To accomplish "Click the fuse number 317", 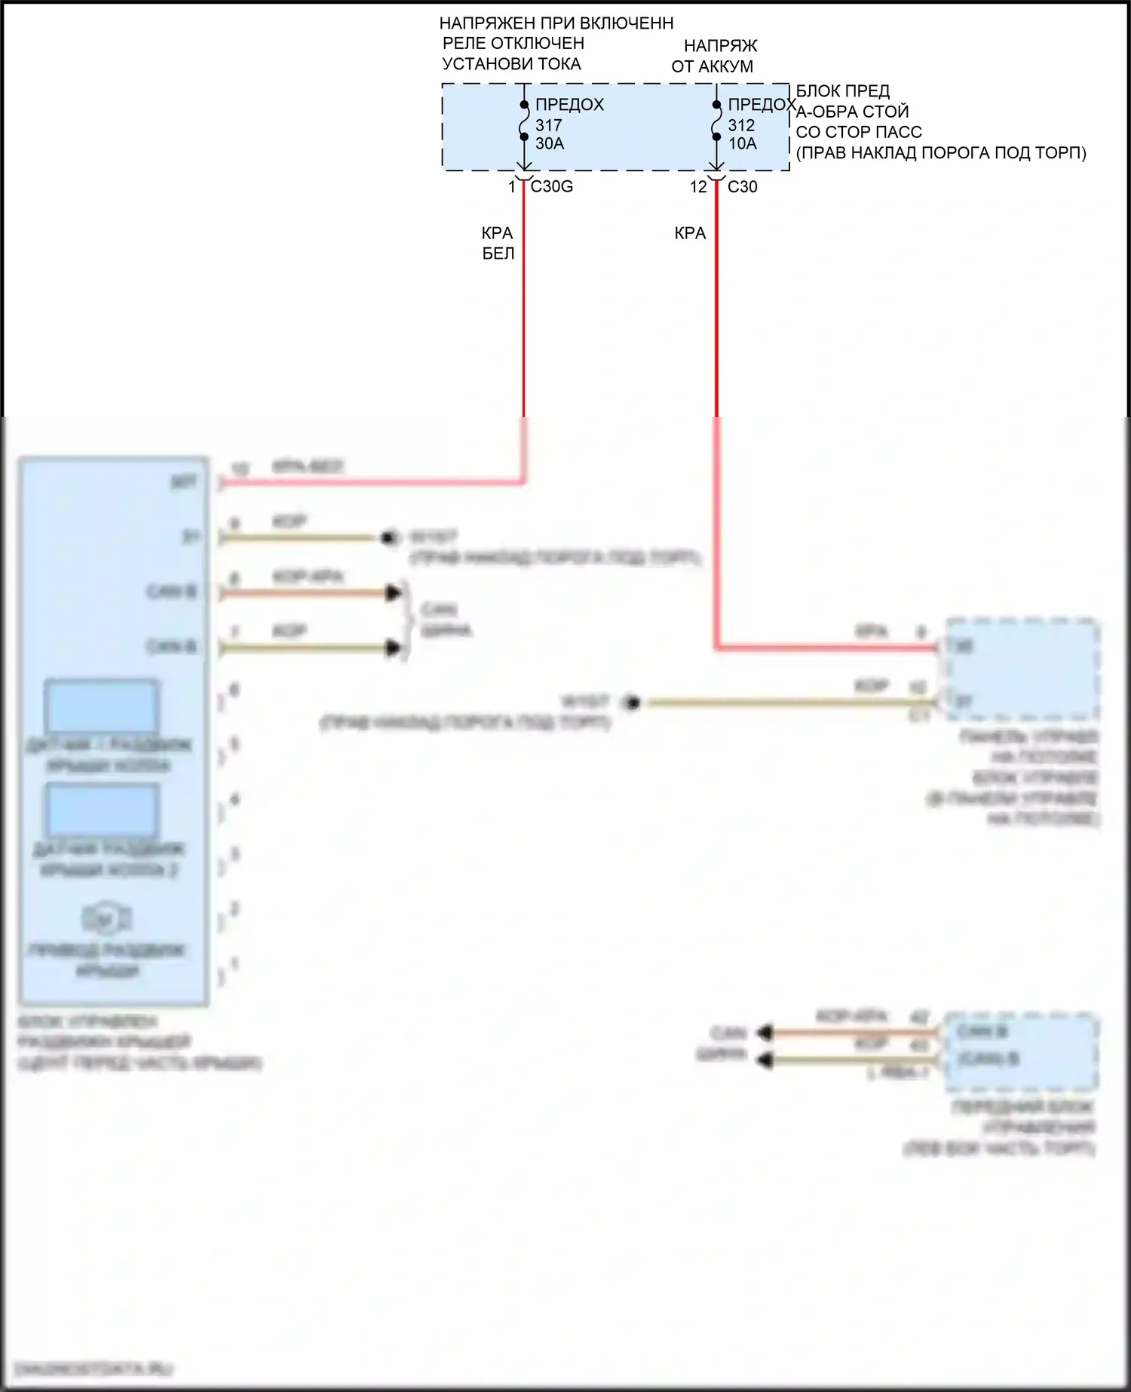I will point(548,125).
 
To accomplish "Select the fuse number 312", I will point(741,125).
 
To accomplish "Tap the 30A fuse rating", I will point(550,143).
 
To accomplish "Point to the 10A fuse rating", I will point(742,143).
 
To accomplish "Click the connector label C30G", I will point(551,186).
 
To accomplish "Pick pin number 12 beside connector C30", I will point(698,186).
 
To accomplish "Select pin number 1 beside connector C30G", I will point(512,186).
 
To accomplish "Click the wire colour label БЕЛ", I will point(498,253).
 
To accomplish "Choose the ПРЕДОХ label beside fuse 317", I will point(569,105).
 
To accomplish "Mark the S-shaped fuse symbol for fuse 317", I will point(524,121).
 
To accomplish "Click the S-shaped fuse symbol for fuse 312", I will point(716,121).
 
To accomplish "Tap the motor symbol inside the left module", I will point(106,918).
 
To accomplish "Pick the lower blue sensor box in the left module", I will point(102,809).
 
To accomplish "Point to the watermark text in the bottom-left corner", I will point(94,1368).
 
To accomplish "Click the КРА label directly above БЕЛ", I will point(497,233).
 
